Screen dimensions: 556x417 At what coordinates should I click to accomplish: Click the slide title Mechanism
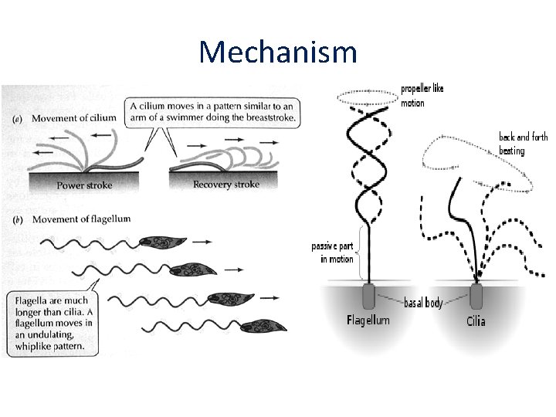point(278,52)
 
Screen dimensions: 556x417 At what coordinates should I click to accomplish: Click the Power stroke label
point(84,185)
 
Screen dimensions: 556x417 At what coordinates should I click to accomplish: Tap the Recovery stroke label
point(226,185)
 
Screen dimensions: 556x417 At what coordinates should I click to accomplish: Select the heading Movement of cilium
point(74,118)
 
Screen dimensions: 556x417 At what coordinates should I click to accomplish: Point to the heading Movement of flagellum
point(81,219)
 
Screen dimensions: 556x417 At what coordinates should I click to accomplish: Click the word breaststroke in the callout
point(270,117)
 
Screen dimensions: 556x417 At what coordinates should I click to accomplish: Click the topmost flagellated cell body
point(162,242)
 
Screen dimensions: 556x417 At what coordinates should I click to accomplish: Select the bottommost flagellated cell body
point(263,326)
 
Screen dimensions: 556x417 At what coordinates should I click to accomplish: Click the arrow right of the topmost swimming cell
point(202,242)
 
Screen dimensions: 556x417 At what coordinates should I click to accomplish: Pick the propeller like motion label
point(422,96)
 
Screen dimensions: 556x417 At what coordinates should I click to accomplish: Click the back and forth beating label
point(523,144)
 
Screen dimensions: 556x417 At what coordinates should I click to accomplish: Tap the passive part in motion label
point(332,253)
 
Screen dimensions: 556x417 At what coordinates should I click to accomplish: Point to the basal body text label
point(423,303)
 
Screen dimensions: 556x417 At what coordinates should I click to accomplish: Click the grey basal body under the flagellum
point(369,296)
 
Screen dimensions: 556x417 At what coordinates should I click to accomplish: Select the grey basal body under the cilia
point(476,296)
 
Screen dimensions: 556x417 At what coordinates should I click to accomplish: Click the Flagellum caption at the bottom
point(368,320)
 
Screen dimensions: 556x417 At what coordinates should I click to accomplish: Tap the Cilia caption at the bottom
point(476,321)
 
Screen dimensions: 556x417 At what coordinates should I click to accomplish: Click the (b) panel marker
point(18,220)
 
